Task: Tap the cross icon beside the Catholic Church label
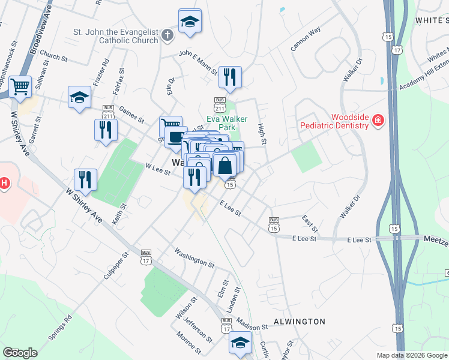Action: (167, 35)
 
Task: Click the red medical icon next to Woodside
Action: (378, 121)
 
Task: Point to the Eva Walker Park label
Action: (227, 123)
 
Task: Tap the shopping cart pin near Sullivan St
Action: (21, 87)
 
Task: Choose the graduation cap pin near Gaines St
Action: (79, 97)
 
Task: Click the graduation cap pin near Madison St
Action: (240, 343)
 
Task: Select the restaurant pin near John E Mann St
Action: (229, 77)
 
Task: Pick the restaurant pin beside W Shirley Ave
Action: (85, 179)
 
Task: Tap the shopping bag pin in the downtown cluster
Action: (224, 164)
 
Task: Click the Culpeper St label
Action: (117, 264)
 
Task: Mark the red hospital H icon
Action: (3, 183)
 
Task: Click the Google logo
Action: (20, 352)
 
